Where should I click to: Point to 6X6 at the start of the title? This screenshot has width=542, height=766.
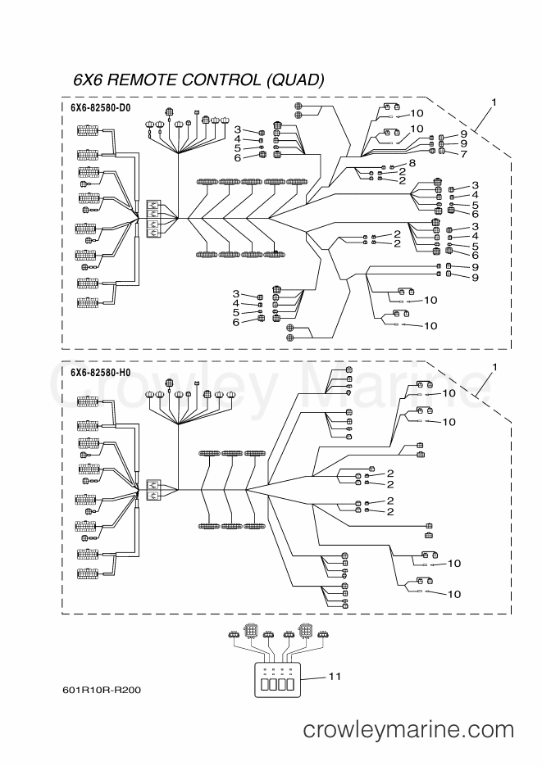pyautogui.click(x=88, y=79)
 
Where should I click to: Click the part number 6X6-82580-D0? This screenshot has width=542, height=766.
pyautogui.click(x=100, y=108)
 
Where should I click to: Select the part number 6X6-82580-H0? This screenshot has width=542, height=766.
pyautogui.click(x=100, y=373)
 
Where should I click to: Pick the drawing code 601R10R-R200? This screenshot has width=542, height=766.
pyautogui.click(x=102, y=691)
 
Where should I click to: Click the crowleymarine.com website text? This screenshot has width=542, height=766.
pyautogui.click(x=408, y=730)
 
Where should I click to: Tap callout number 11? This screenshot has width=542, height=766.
pyautogui.click(x=335, y=677)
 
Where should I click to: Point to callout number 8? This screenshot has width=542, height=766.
pyautogui.click(x=412, y=163)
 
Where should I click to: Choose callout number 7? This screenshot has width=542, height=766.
pyautogui.click(x=463, y=154)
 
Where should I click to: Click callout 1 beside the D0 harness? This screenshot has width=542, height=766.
pyautogui.click(x=494, y=102)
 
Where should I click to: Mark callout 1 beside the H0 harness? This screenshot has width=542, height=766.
pyautogui.click(x=494, y=367)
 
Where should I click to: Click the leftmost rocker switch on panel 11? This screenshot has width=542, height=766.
pyautogui.click(x=266, y=683)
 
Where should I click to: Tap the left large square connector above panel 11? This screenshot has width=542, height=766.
pyautogui.click(x=252, y=630)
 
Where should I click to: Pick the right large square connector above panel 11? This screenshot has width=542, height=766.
pyautogui.click(x=307, y=630)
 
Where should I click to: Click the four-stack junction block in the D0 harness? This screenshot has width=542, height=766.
pyautogui.click(x=153, y=219)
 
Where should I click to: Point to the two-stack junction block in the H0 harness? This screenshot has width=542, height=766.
pyautogui.click(x=153, y=490)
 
